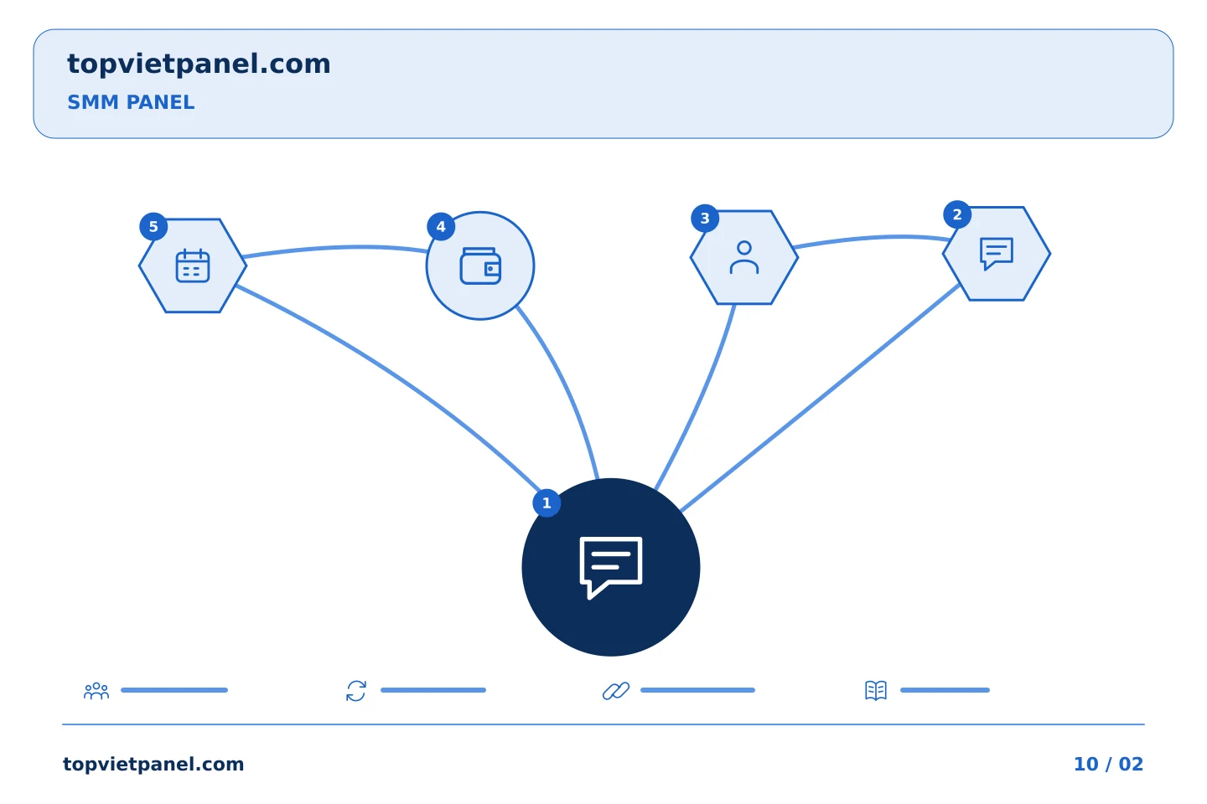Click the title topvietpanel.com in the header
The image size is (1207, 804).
click(x=199, y=64)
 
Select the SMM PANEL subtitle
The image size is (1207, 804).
click(x=131, y=102)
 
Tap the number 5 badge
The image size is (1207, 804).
click(x=153, y=227)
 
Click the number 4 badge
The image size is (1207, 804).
click(x=441, y=227)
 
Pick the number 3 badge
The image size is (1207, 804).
click(x=705, y=219)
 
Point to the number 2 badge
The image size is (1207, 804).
click(x=957, y=214)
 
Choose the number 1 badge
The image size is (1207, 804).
click(x=547, y=503)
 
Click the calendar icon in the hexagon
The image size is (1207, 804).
click(x=193, y=265)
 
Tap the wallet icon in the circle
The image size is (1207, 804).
click(x=480, y=265)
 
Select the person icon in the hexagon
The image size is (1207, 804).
click(x=744, y=257)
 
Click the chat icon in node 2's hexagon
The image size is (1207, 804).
click(x=997, y=254)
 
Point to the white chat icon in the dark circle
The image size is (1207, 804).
click(x=611, y=568)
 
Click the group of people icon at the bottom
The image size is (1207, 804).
click(x=96, y=690)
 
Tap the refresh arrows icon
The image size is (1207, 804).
click(x=356, y=690)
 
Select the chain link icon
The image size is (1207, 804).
click(x=616, y=690)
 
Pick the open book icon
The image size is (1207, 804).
click(x=876, y=690)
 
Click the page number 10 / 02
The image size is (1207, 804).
click(x=1108, y=764)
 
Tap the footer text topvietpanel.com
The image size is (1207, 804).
click(x=153, y=764)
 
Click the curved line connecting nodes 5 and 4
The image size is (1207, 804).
click(x=337, y=247)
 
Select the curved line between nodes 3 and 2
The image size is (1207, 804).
click(x=873, y=238)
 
